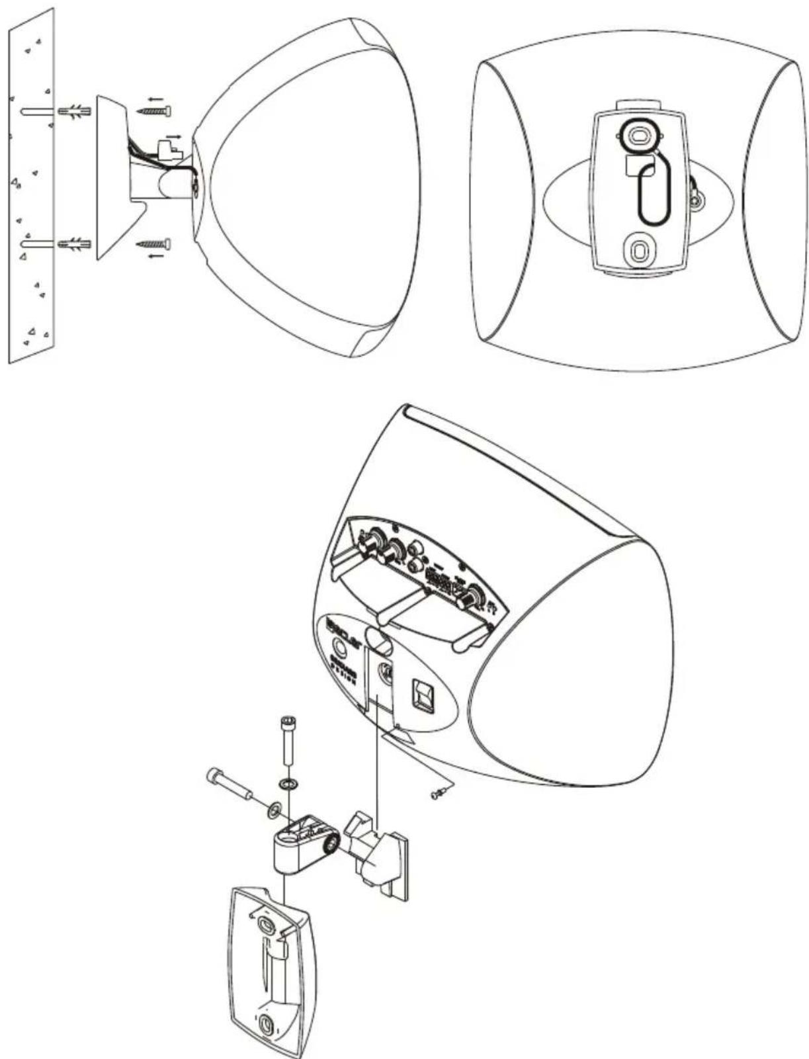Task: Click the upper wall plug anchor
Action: pos(73,110)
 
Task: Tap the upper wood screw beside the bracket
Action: pos(155,111)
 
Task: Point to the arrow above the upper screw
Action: pos(156,100)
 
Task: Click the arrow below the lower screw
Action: pos(156,256)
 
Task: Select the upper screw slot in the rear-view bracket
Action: pos(638,136)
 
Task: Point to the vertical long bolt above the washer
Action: pos(288,740)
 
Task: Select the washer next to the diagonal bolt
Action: pos(273,808)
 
